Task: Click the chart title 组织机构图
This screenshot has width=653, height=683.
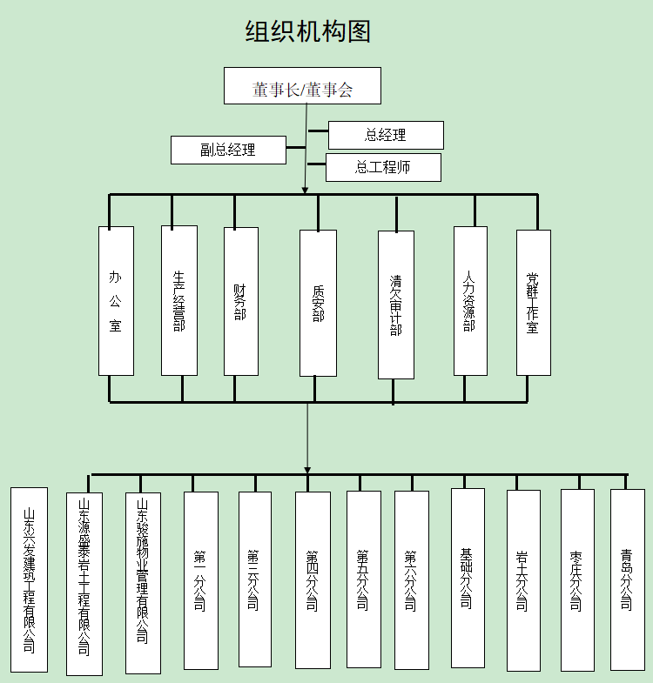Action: coord(308,32)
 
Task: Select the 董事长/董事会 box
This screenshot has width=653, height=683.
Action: coord(302,86)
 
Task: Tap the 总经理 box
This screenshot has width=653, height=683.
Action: coord(386,135)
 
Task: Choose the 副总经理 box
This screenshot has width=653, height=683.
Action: coord(228,150)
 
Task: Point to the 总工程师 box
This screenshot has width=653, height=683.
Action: coord(383,167)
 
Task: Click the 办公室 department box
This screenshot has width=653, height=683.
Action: coord(116,301)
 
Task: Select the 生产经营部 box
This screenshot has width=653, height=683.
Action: coord(179,301)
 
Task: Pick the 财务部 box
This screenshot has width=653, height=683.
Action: coord(241,301)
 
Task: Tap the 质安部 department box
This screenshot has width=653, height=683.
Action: coord(318,303)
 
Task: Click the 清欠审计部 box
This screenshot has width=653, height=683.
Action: coord(396,305)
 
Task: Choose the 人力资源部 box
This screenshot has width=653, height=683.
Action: coord(470,301)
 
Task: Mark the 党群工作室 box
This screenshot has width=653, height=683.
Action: coord(533,302)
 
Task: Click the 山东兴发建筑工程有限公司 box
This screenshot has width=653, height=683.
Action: coord(29,579)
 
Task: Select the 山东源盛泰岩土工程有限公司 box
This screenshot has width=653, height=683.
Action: coord(84,584)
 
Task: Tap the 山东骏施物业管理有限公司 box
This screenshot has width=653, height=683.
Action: coord(143,583)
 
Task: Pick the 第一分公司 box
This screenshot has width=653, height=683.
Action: coord(201,580)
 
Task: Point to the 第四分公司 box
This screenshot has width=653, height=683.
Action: coord(313,580)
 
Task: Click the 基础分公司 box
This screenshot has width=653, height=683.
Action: coord(468,579)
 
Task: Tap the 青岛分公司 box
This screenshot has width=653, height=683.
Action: coord(627,579)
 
